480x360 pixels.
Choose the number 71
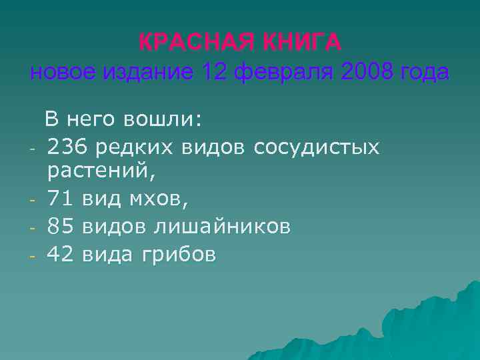tap(61, 199)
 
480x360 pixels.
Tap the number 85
tap(61, 227)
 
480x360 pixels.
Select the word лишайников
tap(222, 227)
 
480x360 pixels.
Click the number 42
tap(61, 254)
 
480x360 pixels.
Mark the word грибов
tap(178, 254)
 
